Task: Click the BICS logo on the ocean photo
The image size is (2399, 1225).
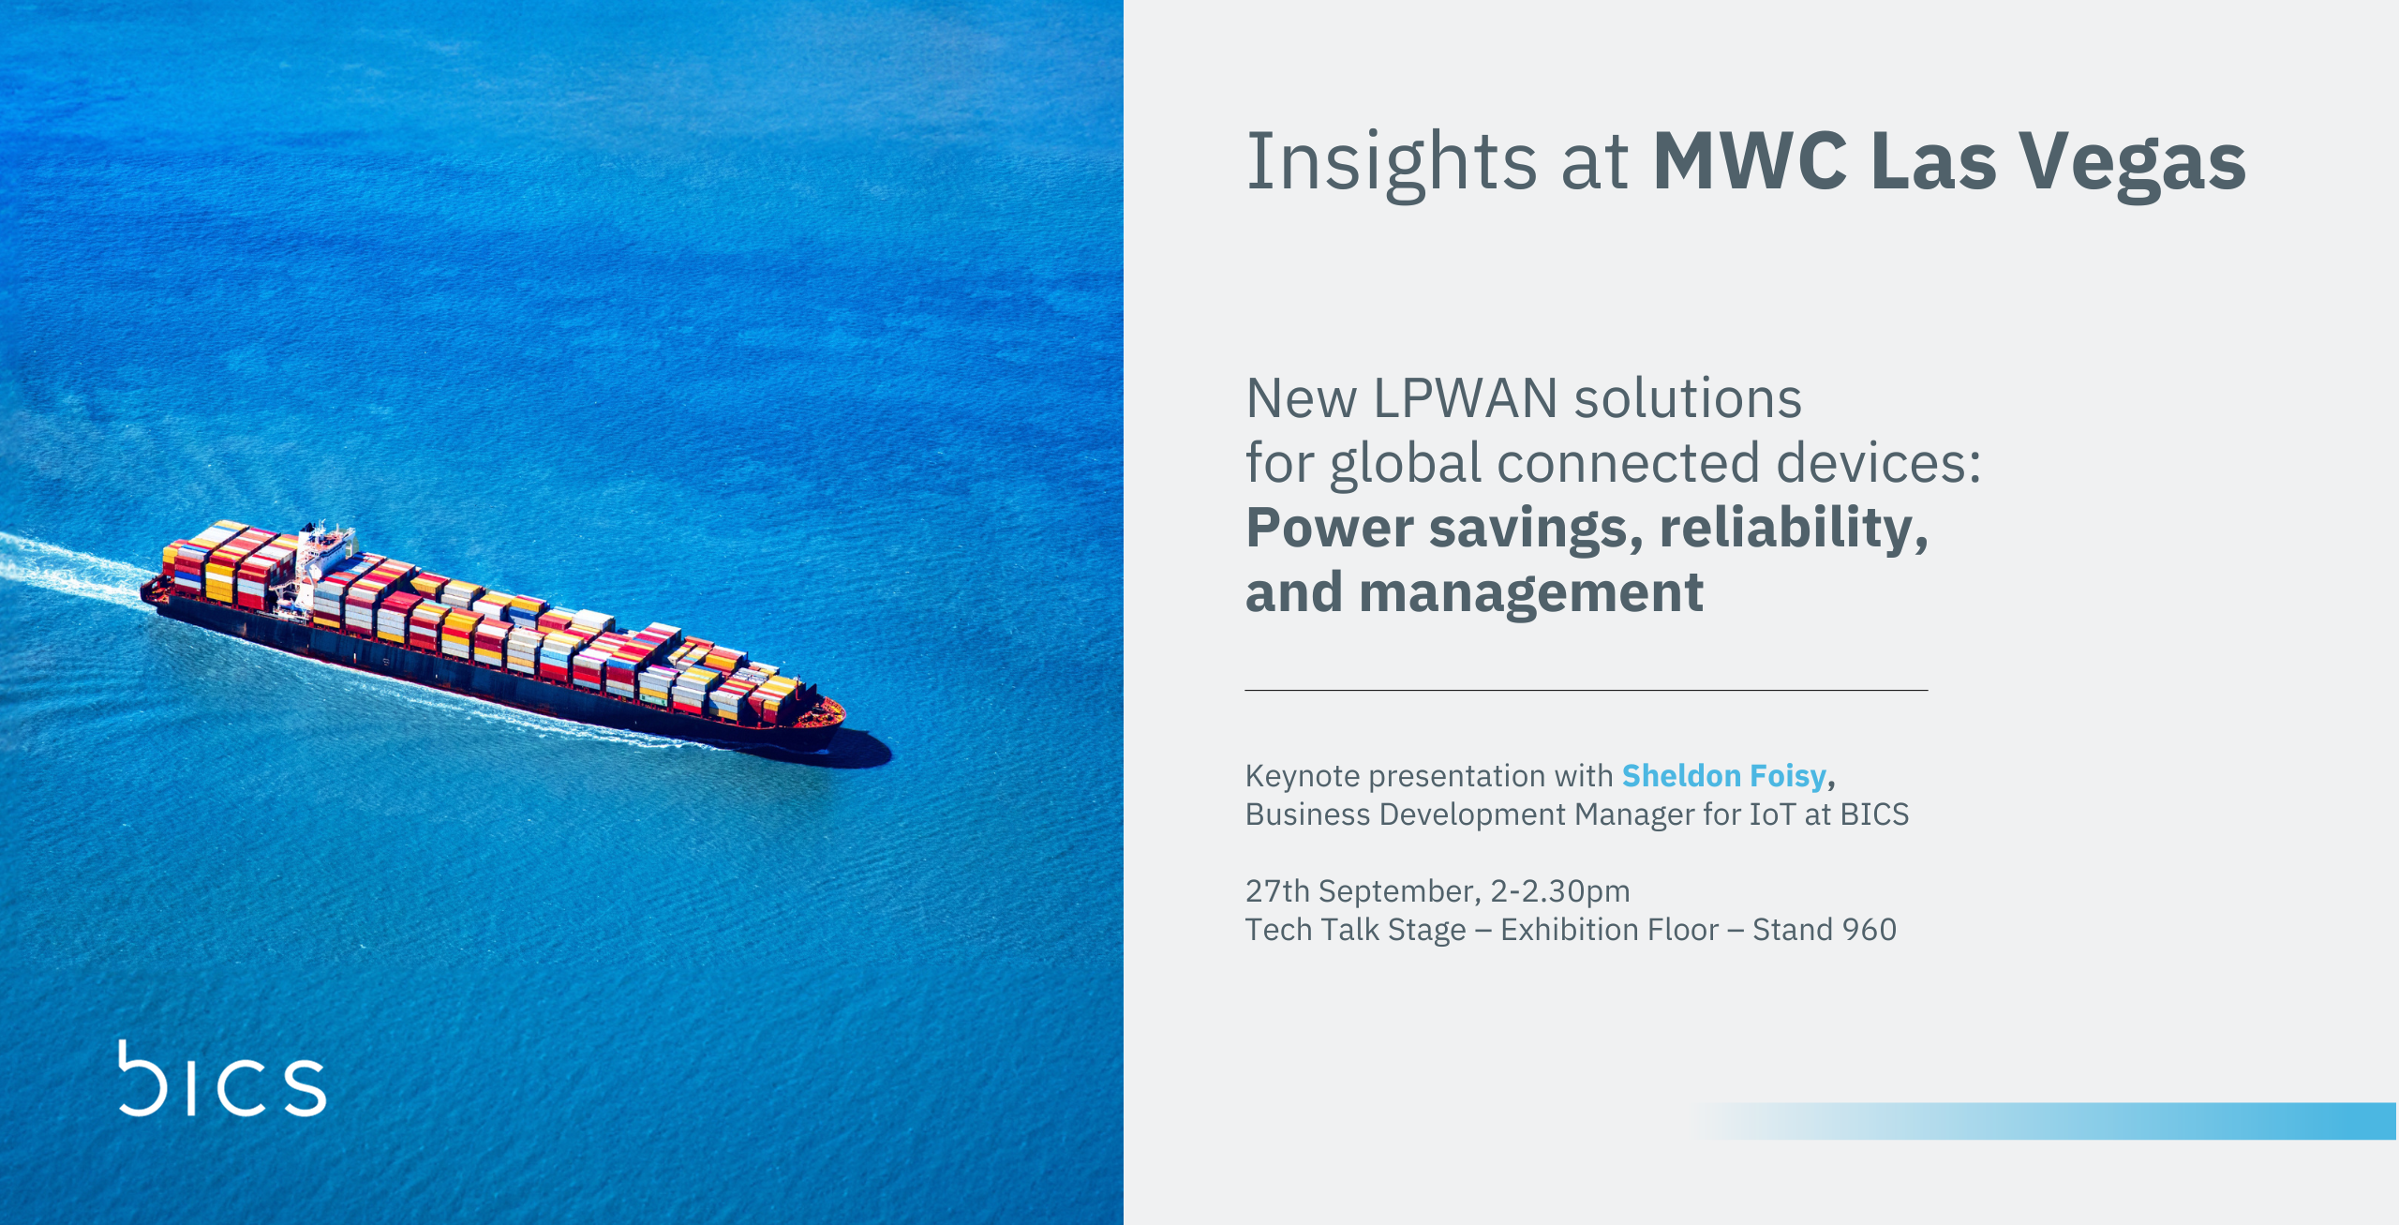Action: (x=222, y=1079)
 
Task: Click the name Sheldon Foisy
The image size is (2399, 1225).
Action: (x=1724, y=777)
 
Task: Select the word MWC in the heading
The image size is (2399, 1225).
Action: (x=1750, y=161)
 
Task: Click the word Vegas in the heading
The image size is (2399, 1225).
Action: (x=2133, y=165)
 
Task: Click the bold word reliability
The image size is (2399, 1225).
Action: (x=1794, y=530)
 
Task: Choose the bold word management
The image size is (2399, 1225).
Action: (x=1531, y=594)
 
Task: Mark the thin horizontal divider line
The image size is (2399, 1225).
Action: (x=1587, y=691)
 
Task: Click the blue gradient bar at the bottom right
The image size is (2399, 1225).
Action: (x=2043, y=1121)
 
